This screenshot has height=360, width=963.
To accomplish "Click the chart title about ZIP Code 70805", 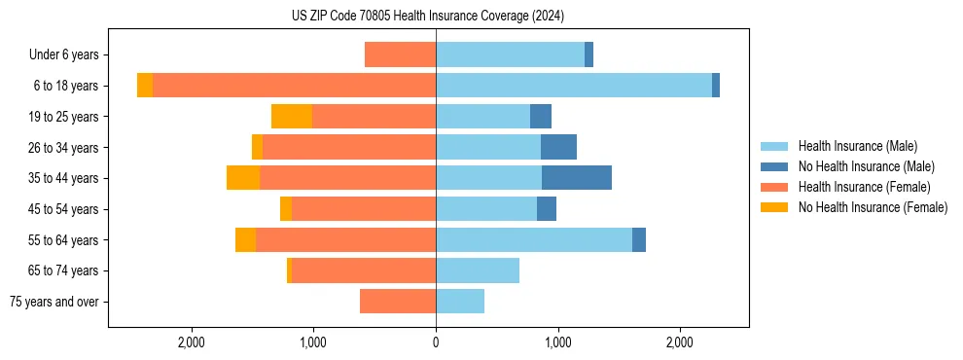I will (428, 17).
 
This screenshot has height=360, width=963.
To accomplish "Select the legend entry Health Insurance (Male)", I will (857, 146).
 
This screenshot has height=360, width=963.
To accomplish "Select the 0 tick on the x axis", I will (436, 342).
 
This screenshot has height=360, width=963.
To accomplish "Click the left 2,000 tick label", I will (192, 342).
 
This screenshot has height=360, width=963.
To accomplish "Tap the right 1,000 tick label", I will (557, 342).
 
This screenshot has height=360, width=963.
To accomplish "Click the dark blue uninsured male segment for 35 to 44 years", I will (577, 178).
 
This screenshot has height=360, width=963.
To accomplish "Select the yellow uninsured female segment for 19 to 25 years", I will (292, 117).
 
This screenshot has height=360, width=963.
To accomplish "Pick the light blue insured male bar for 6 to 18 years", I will (574, 86).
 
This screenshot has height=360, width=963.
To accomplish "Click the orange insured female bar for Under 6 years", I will (400, 55).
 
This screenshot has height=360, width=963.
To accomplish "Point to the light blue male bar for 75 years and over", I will (460, 302).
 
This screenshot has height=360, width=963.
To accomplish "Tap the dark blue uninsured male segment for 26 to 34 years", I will (558, 147).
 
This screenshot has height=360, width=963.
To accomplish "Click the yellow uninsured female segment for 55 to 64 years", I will (245, 239).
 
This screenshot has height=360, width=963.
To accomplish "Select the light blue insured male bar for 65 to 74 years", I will (478, 270).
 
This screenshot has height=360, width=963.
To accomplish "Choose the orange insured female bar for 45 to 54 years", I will (364, 209).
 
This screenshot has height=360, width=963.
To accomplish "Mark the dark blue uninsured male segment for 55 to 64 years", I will (639, 239).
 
